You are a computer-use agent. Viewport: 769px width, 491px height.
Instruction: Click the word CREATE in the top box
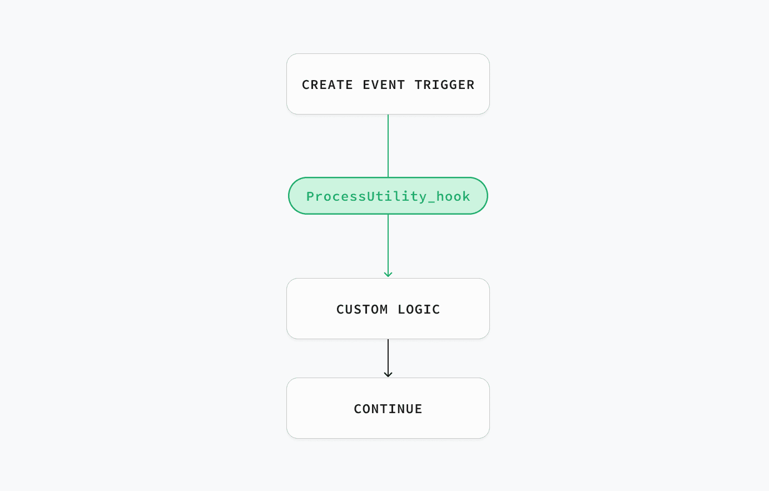pos(327,85)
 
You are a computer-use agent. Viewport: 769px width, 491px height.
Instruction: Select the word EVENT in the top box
pos(384,85)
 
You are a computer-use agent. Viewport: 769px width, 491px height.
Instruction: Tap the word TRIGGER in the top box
pos(445,85)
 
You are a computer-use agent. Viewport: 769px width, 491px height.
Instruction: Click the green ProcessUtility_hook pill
pos(388,196)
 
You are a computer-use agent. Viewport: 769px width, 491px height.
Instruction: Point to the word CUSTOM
pos(362,309)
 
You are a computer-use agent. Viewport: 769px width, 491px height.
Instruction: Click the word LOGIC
pos(419,309)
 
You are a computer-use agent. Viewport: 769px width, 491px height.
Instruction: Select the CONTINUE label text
pos(388,409)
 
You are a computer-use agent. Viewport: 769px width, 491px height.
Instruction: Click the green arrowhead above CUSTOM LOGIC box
pos(388,274)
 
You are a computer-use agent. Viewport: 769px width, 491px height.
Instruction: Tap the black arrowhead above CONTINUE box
pos(388,374)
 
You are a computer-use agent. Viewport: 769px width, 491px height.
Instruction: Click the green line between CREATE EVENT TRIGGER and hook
pos(388,146)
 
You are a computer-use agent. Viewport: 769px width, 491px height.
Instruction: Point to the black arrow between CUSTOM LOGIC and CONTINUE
pos(388,358)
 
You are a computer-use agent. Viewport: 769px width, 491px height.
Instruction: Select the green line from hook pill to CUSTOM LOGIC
pos(388,246)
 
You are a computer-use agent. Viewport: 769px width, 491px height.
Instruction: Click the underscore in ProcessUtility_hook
pos(431,201)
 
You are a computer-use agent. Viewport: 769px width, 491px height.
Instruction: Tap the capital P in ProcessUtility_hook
pos(311,196)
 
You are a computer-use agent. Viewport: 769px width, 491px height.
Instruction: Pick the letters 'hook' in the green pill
pos(453,196)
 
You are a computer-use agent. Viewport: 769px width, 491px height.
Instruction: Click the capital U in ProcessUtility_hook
pos(371,196)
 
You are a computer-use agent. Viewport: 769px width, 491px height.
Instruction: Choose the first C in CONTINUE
pos(358,409)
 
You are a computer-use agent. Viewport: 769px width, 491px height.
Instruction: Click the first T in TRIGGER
pos(419,85)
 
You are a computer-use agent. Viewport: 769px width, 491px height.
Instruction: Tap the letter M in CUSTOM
pos(384,309)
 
